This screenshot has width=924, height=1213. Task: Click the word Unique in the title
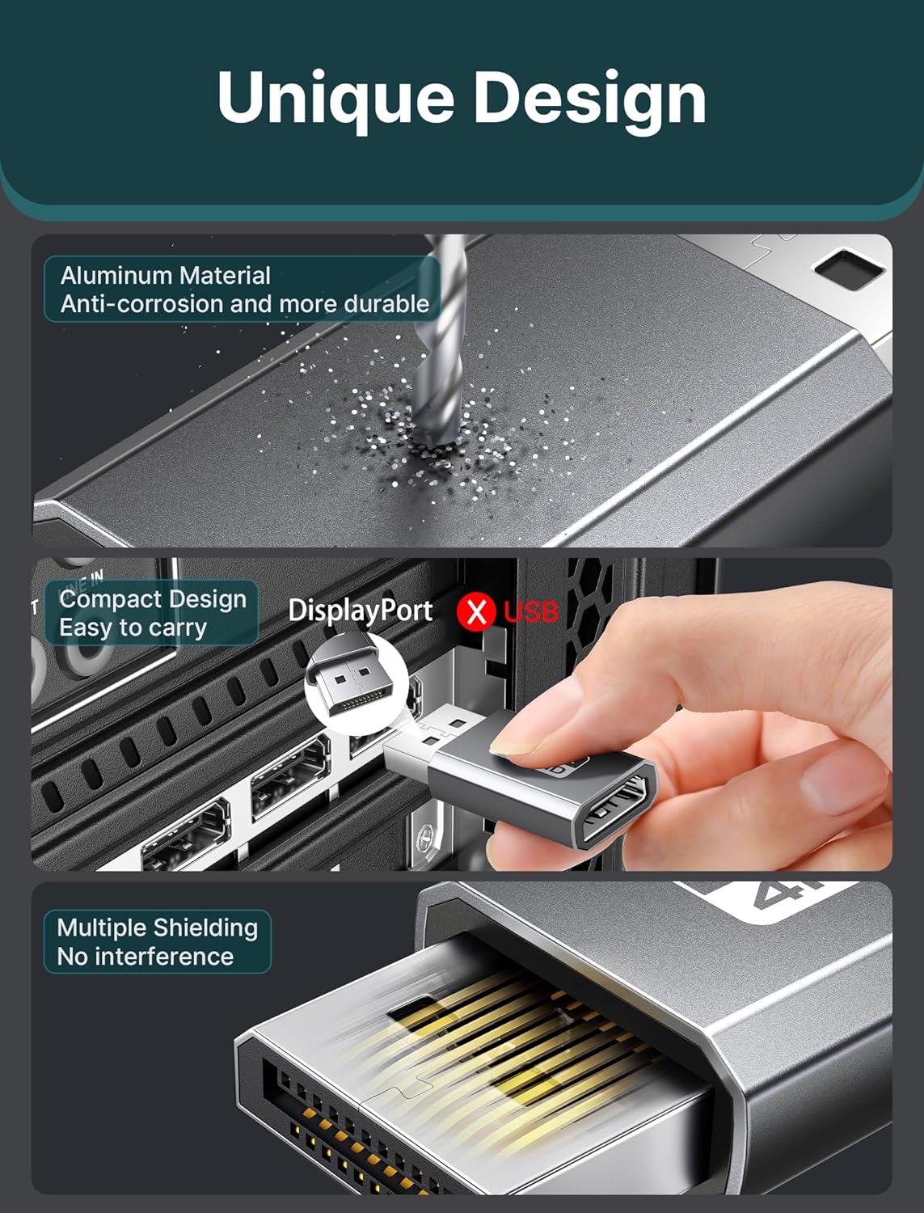point(335,99)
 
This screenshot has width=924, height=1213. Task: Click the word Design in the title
point(590,99)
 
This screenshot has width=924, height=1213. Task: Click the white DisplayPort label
point(360,611)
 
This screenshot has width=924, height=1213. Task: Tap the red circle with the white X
point(475,611)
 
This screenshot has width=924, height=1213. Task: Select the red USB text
point(531,611)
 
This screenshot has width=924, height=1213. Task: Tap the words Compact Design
point(153,598)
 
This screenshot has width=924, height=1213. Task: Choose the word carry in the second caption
point(177,628)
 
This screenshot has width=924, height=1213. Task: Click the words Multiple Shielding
point(158,928)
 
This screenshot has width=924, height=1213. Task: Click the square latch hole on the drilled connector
point(850,268)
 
